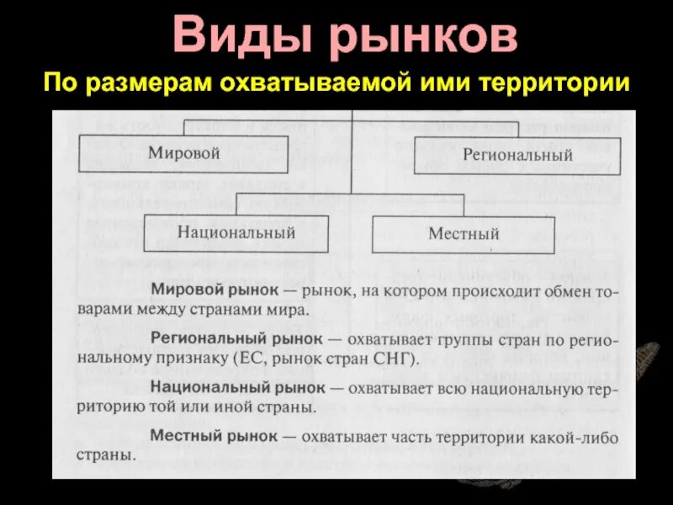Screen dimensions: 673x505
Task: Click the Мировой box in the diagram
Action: (184, 153)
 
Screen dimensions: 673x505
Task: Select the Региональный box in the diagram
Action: (517, 155)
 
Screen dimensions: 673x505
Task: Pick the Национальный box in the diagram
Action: (236, 232)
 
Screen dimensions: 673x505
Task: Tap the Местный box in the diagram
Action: (464, 233)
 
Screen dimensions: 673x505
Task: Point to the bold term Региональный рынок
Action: (236, 338)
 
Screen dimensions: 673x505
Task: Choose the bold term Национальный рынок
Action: (238, 388)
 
